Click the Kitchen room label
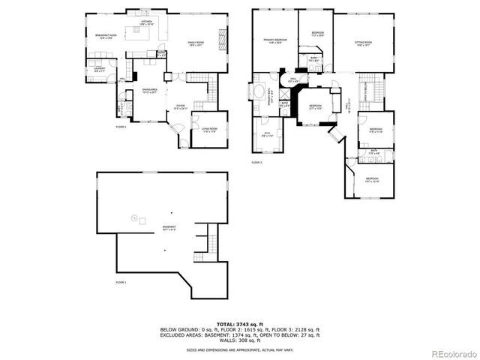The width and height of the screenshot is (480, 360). [146, 22]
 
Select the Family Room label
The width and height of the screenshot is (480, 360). [196, 43]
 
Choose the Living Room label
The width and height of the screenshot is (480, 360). [208, 129]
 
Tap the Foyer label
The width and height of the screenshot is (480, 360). [181, 108]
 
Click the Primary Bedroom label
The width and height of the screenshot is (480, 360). [275, 40]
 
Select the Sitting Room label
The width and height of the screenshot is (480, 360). [364, 43]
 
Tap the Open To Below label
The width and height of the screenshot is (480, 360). [367, 89]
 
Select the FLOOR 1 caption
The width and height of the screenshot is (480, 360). [121, 282]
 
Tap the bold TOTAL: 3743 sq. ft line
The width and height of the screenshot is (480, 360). [239, 324]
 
